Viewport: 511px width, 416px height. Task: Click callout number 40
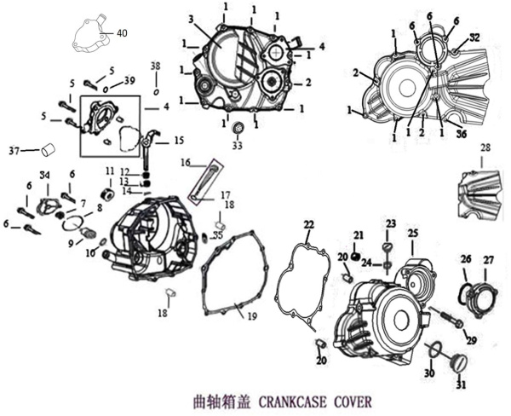[x=122, y=33]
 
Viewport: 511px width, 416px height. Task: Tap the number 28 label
[x=485, y=148]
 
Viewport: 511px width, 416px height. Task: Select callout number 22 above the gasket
[x=308, y=224]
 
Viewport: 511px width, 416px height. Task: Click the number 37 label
[x=14, y=151]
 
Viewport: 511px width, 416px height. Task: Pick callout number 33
[x=237, y=146]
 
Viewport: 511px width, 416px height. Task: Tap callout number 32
[x=474, y=38]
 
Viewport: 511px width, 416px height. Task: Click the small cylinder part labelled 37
[x=48, y=151]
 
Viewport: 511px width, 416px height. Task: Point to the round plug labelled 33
[x=238, y=128]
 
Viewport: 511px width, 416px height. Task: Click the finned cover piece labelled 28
[x=480, y=192]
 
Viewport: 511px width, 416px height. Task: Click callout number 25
[x=413, y=233]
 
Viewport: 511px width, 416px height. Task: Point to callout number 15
[x=179, y=140]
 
